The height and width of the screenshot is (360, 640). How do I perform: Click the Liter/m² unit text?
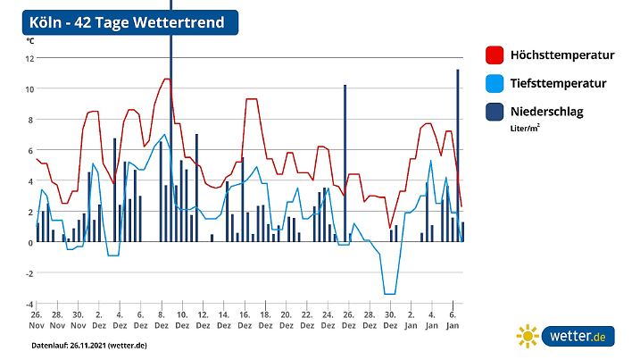[x=524, y=129]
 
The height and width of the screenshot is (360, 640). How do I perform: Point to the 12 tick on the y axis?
[x=29, y=59]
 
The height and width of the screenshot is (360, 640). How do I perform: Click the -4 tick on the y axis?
[x=29, y=304]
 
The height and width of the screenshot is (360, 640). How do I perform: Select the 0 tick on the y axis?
[x=30, y=242]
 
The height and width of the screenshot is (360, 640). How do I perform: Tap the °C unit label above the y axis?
[x=30, y=41]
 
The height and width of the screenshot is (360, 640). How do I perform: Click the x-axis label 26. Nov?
[x=37, y=321]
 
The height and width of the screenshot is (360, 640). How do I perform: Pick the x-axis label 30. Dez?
[x=389, y=321]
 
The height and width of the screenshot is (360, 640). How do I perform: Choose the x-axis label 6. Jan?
[x=452, y=321]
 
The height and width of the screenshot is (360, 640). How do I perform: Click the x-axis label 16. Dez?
[x=244, y=321]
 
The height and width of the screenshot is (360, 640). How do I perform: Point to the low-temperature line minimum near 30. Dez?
[x=389, y=293]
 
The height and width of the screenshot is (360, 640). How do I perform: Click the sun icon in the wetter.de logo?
[x=528, y=337]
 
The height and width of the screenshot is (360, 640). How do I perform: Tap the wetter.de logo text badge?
[x=577, y=337]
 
